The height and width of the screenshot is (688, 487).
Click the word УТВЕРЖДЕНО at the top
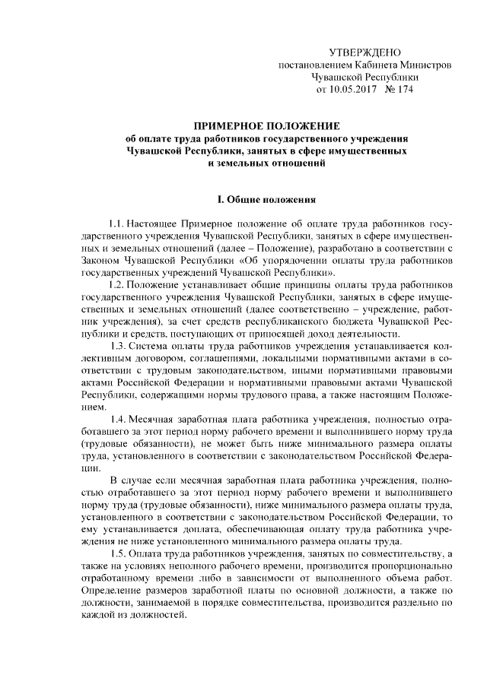coord(364,52)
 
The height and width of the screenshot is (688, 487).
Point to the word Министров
coord(423,65)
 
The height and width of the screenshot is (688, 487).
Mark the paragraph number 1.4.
coord(120,419)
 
